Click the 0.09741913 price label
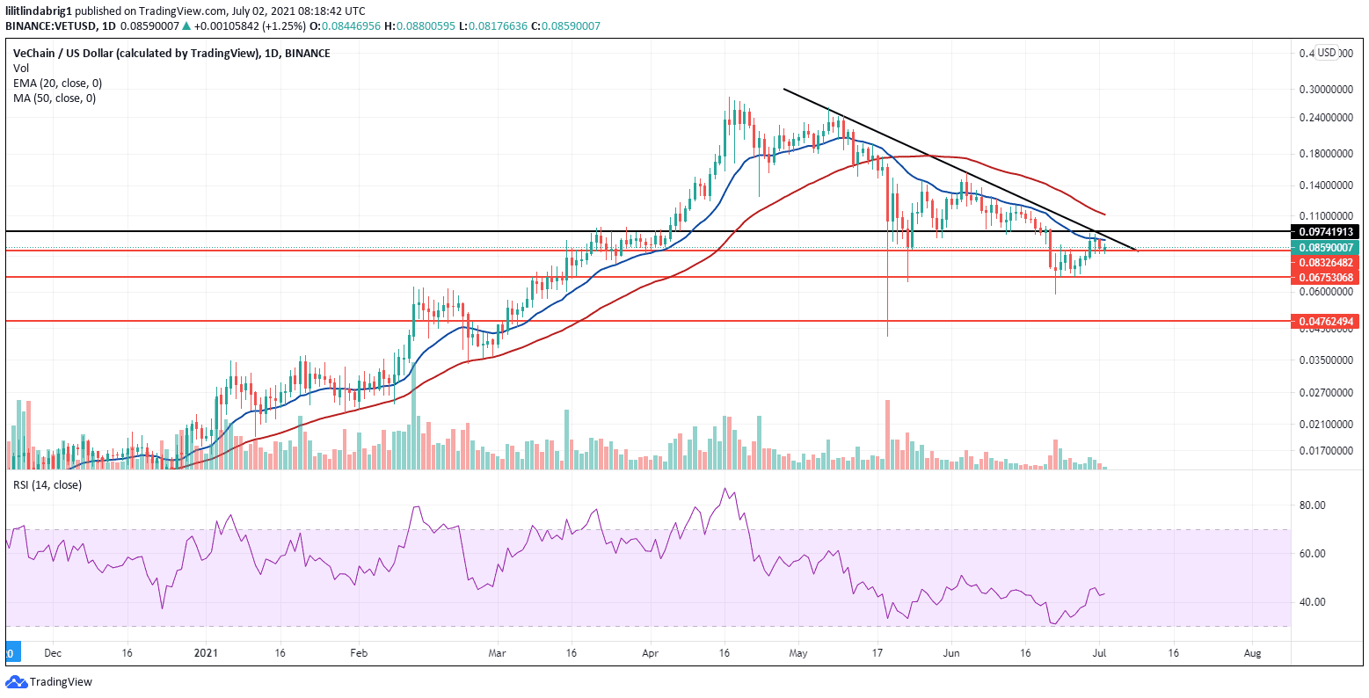[1324, 232]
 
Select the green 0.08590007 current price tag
[1324, 248]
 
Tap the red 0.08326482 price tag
[1324, 263]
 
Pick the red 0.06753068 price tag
[1324, 278]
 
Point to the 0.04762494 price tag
[1324, 322]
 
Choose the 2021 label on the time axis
[206, 654]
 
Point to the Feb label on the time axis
[359, 654]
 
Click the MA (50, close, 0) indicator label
[54, 98]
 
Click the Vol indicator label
[21, 68]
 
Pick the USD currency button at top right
[1326, 53]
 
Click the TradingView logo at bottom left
[49, 682]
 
